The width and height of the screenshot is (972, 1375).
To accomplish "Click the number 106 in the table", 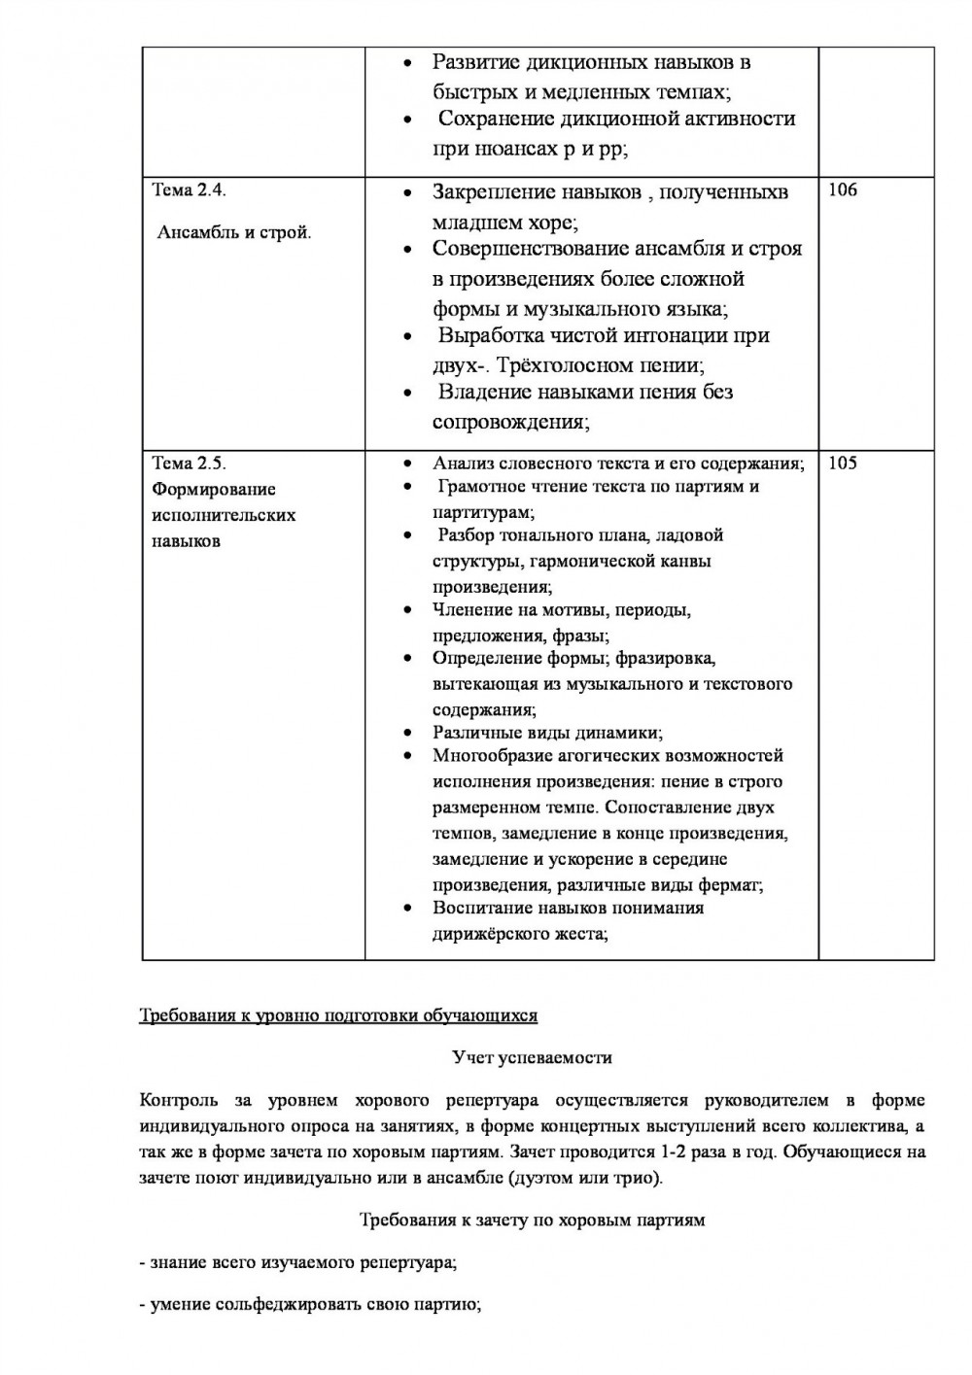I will click(843, 190).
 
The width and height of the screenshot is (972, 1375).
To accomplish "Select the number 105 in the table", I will click(843, 464).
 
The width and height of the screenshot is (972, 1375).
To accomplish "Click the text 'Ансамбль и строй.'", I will click(234, 233).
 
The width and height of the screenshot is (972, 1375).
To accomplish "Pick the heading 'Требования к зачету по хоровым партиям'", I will click(533, 1220).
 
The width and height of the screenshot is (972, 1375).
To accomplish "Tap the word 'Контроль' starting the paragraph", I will click(172, 1101).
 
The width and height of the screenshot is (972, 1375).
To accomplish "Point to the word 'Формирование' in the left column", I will click(214, 490).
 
